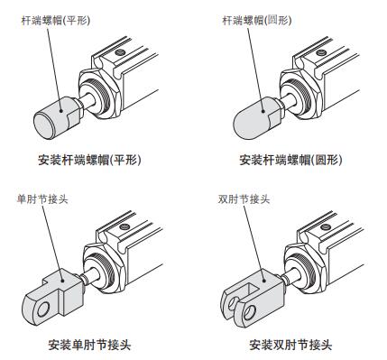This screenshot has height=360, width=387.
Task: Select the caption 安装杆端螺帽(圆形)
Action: [x=291, y=161]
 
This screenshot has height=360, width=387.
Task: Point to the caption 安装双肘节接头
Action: [x=291, y=344]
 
